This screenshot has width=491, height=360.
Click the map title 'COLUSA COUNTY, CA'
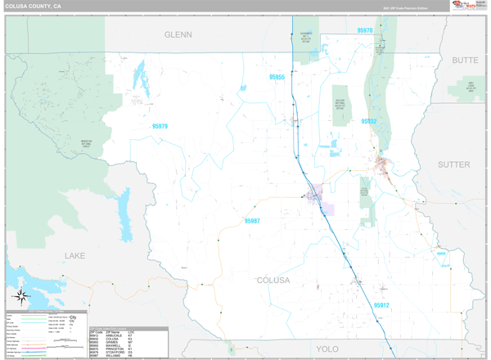click(33, 6)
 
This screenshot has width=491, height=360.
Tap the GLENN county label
click(177, 35)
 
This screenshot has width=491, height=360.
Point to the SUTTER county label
click(454, 164)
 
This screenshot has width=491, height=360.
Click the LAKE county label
click(74, 256)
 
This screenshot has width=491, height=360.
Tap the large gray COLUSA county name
click(273, 281)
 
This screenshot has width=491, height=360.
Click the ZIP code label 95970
click(365, 30)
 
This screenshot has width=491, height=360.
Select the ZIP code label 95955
click(277, 77)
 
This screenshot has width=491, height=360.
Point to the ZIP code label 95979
click(160, 126)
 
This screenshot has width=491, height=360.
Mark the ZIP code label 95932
click(369, 121)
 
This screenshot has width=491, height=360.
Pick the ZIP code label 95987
click(251, 220)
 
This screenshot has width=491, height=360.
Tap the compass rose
click(22, 296)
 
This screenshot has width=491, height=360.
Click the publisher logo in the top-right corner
click(467, 7)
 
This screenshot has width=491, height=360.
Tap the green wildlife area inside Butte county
click(471, 87)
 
